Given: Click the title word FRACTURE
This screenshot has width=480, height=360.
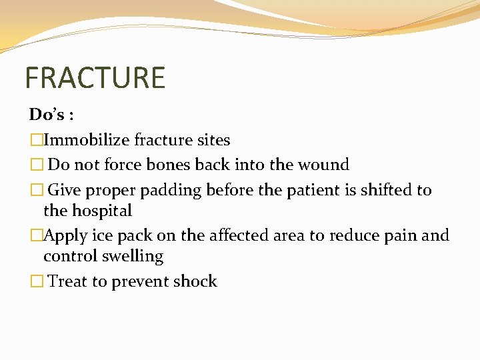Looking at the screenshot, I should click(x=95, y=77).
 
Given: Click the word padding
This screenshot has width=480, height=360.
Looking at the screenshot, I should click(x=171, y=191).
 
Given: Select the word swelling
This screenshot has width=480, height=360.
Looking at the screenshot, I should click(x=133, y=257).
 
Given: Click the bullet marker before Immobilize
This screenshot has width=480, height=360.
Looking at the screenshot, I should click(x=36, y=141).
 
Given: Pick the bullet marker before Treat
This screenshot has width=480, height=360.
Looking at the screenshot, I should click(x=36, y=282).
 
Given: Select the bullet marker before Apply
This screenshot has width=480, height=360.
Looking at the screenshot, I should click(x=36, y=236).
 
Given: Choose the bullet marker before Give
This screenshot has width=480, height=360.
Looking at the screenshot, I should click(x=36, y=191).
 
